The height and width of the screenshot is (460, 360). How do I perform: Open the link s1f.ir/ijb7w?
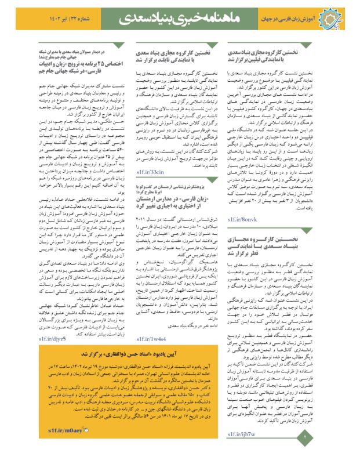click(242, 434)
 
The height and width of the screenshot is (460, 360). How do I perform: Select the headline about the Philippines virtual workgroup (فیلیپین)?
click(272, 55)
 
